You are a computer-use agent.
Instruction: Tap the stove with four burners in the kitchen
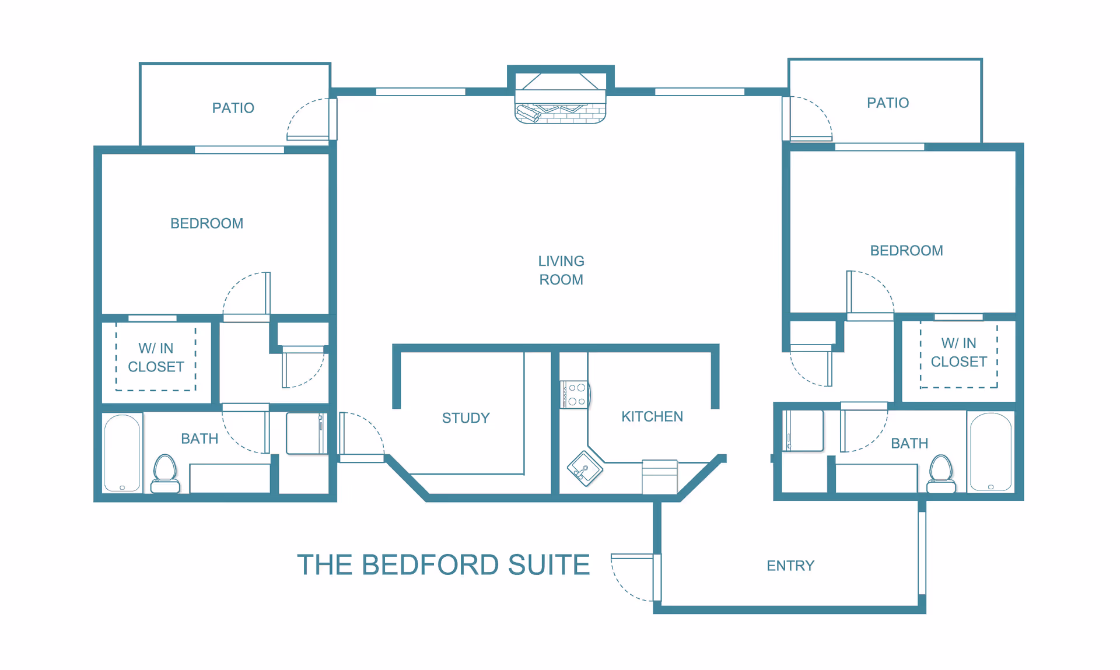coord(575,395)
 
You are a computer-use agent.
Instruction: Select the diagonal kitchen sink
coord(585,468)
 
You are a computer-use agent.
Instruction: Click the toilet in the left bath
coord(165,473)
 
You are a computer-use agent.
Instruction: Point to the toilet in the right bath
coord(941,473)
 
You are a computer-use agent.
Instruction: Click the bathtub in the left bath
coord(123,453)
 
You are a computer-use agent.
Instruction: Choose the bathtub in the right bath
coord(991,452)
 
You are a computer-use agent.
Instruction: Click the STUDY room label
coord(466,418)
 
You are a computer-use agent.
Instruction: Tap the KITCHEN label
coord(652,416)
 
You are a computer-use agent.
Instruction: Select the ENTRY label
coord(790,566)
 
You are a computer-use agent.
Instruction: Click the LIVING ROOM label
coord(561,270)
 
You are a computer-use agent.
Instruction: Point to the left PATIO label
coord(233,108)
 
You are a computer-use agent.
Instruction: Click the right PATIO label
coord(888,103)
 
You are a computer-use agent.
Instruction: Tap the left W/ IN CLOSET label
coord(156,357)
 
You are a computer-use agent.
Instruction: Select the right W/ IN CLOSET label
coord(959,352)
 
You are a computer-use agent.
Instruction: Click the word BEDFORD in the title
coord(430,564)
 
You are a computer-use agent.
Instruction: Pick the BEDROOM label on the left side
coord(206,223)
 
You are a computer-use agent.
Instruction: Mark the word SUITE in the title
coord(549,564)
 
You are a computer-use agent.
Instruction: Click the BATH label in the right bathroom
coord(909,443)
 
